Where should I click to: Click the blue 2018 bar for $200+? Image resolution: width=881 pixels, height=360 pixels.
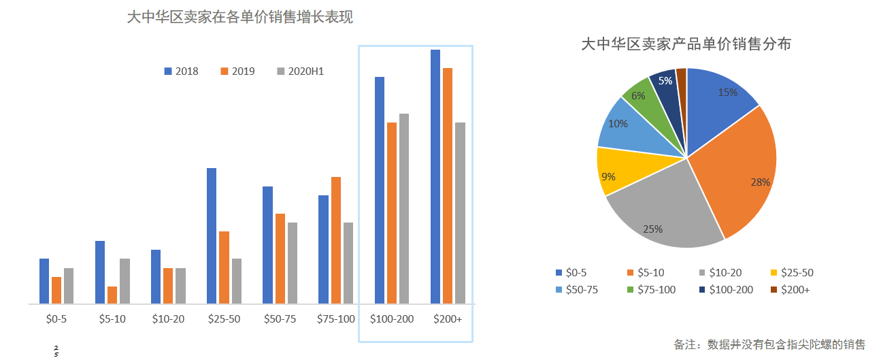click(x=435, y=176)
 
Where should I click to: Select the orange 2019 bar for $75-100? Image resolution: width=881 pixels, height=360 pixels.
click(x=336, y=240)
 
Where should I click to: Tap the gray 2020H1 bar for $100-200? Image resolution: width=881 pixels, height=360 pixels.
click(x=404, y=208)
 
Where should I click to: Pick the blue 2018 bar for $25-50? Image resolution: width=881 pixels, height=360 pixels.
click(x=212, y=235)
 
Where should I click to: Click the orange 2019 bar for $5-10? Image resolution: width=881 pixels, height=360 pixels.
click(x=112, y=295)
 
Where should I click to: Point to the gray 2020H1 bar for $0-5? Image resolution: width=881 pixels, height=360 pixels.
click(x=69, y=286)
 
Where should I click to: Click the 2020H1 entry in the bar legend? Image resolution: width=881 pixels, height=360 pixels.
click(x=300, y=71)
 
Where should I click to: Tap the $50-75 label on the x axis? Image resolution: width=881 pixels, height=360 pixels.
click(x=280, y=318)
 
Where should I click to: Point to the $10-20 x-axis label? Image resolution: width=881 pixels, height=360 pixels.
click(x=168, y=318)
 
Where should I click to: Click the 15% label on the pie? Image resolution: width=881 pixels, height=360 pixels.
click(x=727, y=93)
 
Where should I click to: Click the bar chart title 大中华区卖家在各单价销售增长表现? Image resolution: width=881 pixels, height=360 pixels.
click(x=240, y=17)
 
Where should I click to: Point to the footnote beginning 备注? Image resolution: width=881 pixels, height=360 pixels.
click(x=769, y=344)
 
